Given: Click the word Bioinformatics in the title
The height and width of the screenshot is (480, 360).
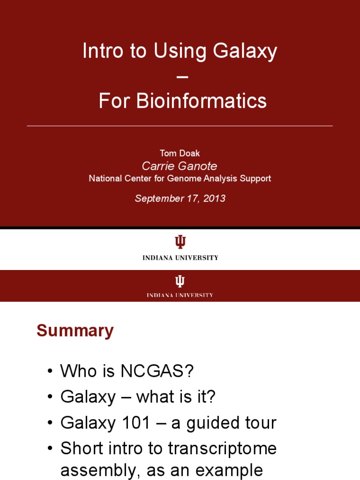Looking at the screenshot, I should [x=201, y=101].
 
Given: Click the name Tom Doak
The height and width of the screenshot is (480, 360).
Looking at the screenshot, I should [x=180, y=154].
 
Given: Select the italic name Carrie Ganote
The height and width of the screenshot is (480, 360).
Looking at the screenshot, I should [x=180, y=166].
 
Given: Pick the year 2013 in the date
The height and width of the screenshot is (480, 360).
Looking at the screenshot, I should [x=214, y=198].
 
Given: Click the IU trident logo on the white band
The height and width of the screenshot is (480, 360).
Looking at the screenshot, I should [x=180, y=242].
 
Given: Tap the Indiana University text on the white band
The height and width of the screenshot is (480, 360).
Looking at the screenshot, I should [x=180, y=257].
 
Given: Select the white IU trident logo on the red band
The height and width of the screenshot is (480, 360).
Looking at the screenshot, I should [x=180, y=281].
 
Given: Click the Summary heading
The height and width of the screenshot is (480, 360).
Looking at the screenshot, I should [x=75, y=331].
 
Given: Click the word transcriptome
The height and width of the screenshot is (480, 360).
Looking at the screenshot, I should [x=223, y=449].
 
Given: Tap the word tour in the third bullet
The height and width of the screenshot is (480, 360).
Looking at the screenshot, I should [x=260, y=423].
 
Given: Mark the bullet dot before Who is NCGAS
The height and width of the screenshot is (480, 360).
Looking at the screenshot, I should [x=50, y=373].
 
